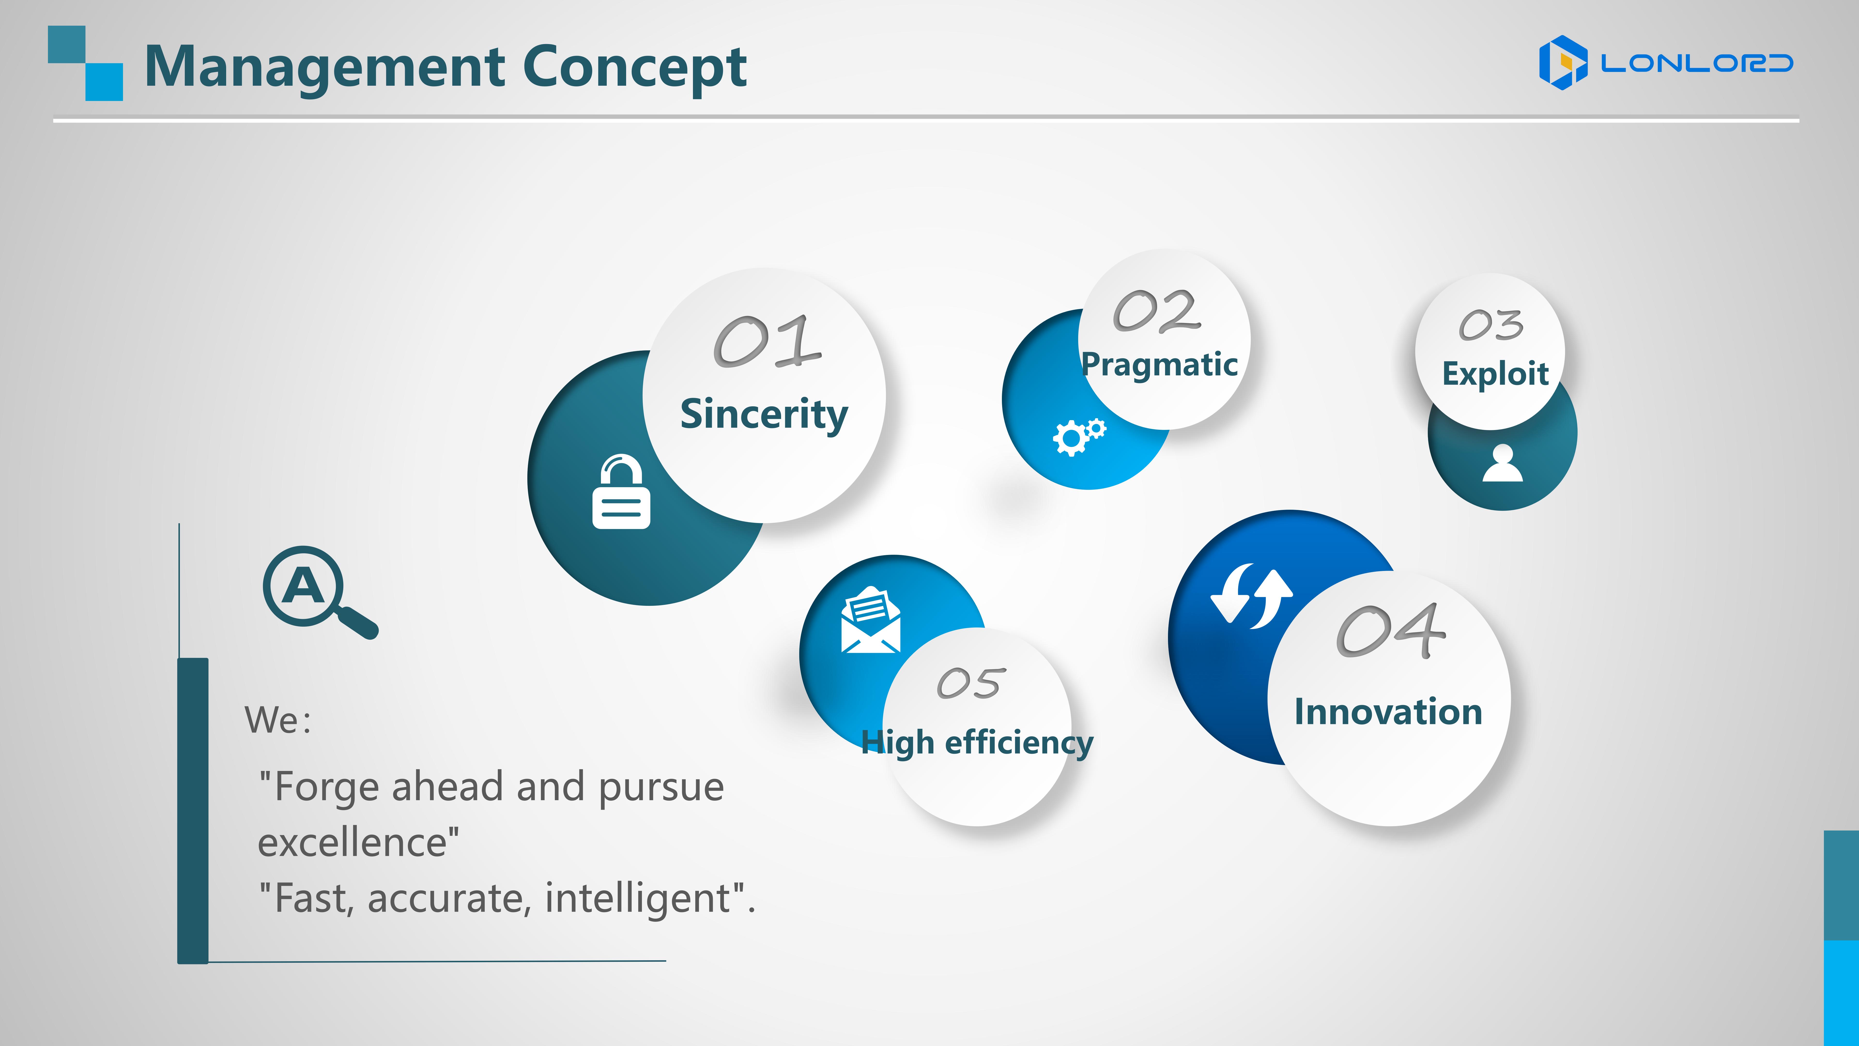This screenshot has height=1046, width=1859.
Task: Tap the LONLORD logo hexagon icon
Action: point(1563,63)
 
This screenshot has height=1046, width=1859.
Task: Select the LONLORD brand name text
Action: point(1697,63)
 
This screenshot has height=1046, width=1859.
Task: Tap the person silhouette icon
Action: point(1503,463)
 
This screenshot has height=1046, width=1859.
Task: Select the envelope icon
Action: point(870,619)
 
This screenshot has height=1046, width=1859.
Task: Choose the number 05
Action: point(971,683)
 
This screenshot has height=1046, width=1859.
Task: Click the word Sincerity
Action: point(764,415)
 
